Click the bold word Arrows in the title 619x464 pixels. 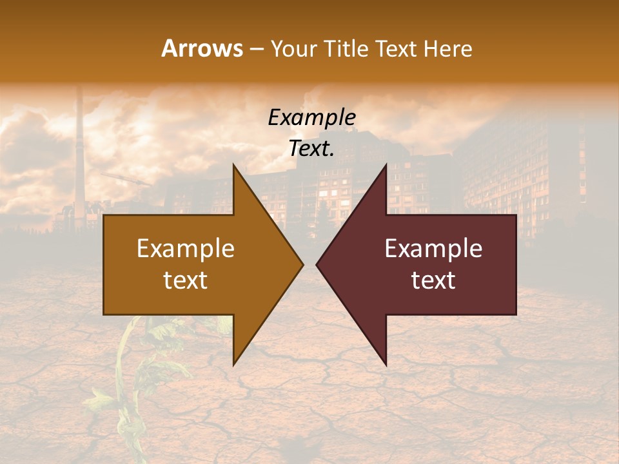click(202, 48)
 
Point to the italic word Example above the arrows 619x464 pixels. click(311, 117)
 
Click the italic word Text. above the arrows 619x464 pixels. click(311, 149)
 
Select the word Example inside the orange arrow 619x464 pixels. click(185, 249)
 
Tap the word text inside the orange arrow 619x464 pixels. click(185, 280)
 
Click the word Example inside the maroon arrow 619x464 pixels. click(433, 249)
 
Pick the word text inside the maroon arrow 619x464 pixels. click(433, 280)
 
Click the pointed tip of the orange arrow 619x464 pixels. click(302, 264)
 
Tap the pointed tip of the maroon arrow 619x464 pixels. click(317, 264)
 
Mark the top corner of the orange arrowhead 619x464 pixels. click(234, 165)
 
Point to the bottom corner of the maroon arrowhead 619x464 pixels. click(386, 365)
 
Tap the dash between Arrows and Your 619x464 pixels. click(256, 50)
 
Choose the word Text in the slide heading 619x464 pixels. click(397, 48)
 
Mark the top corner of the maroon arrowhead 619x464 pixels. click(386, 165)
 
